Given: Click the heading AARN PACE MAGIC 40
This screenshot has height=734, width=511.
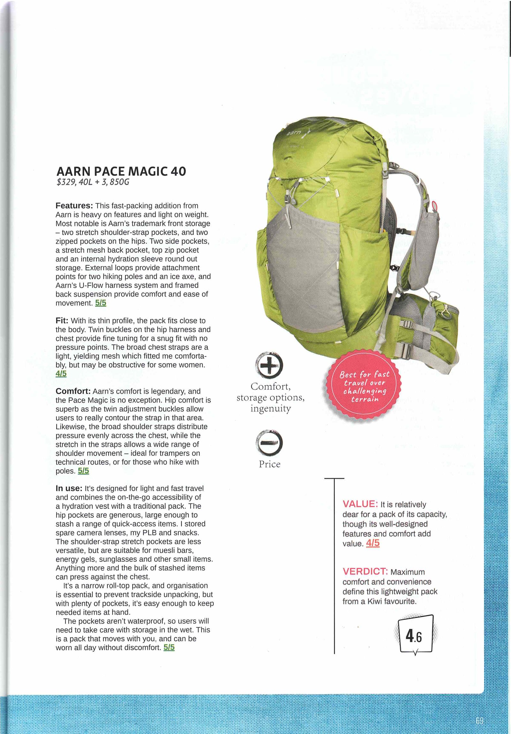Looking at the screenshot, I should [x=121, y=172].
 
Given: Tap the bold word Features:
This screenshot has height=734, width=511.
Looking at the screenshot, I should [x=74, y=206].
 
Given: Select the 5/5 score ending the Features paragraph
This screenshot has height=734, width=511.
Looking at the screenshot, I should [x=101, y=303].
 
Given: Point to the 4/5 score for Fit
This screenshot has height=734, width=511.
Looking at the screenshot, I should [x=61, y=374].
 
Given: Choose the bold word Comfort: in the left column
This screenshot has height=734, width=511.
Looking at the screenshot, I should [x=73, y=391].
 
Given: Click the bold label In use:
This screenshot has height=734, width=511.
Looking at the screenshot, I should [x=69, y=489].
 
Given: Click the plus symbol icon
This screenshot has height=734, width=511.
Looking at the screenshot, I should [x=270, y=365].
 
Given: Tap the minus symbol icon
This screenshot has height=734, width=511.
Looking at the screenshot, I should [x=270, y=443].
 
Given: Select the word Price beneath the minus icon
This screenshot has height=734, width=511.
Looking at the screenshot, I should [x=270, y=464].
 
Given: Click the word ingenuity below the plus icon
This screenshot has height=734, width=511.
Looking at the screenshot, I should [x=271, y=408].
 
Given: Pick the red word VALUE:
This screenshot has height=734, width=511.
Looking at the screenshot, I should [x=360, y=504].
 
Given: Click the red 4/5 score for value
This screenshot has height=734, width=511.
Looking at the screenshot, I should [x=372, y=543].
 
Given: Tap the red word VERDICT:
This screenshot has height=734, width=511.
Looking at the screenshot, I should [x=365, y=572].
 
